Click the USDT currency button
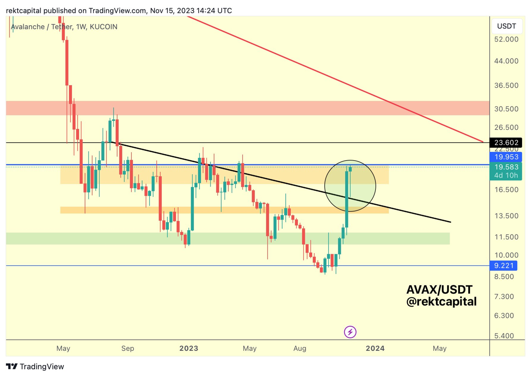tap(506, 26)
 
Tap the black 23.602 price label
tap(506, 143)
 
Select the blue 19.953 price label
tap(506, 157)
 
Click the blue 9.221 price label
tap(503, 266)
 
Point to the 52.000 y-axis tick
tap(506, 39)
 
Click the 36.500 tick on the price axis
tap(506, 85)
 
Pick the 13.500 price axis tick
tap(506, 216)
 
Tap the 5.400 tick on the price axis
tap(504, 336)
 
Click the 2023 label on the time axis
tap(189, 348)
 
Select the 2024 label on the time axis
tap(375, 348)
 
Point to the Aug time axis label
tap(300, 348)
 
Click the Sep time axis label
tap(128, 348)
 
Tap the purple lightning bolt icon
tap(350, 332)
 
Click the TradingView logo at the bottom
tap(35, 366)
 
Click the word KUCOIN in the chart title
tap(103, 27)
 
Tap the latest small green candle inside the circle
tap(350, 169)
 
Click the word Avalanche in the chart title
tap(28, 27)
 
